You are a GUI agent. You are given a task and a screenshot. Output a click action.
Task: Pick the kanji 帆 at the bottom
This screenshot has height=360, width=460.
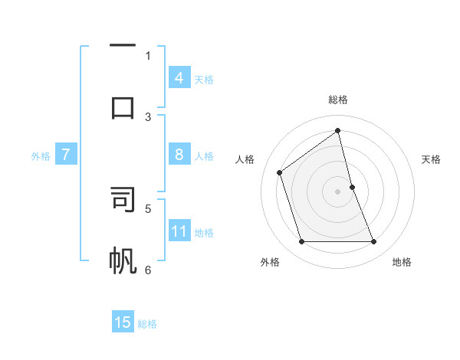(123, 260)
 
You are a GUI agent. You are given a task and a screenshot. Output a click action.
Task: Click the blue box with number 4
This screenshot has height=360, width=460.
(179, 78)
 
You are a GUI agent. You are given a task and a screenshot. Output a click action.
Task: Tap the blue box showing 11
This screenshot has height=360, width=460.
(179, 231)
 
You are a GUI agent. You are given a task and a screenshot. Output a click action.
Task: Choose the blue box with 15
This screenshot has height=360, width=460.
(123, 322)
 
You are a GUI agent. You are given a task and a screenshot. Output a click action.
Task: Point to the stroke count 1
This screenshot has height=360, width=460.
(148, 55)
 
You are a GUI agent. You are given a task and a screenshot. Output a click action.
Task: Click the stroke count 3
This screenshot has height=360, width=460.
(148, 117)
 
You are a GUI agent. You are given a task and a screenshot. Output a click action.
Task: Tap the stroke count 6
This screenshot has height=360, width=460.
(148, 270)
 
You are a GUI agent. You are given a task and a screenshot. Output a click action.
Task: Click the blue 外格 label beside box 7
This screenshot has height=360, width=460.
(41, 156)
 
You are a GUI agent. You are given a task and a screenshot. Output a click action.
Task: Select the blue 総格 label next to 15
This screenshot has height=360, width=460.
(147, 324)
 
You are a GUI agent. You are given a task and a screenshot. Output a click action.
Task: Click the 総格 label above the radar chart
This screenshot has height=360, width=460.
(338, 100)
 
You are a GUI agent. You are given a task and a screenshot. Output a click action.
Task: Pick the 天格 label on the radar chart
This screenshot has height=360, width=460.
(432, 159)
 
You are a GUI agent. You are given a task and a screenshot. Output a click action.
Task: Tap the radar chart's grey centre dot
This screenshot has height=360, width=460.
(338, 191)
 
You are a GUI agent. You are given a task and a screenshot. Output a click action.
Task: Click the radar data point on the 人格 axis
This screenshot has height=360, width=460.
(280, 172)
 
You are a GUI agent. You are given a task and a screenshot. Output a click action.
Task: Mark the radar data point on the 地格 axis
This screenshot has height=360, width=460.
(374, 242)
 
